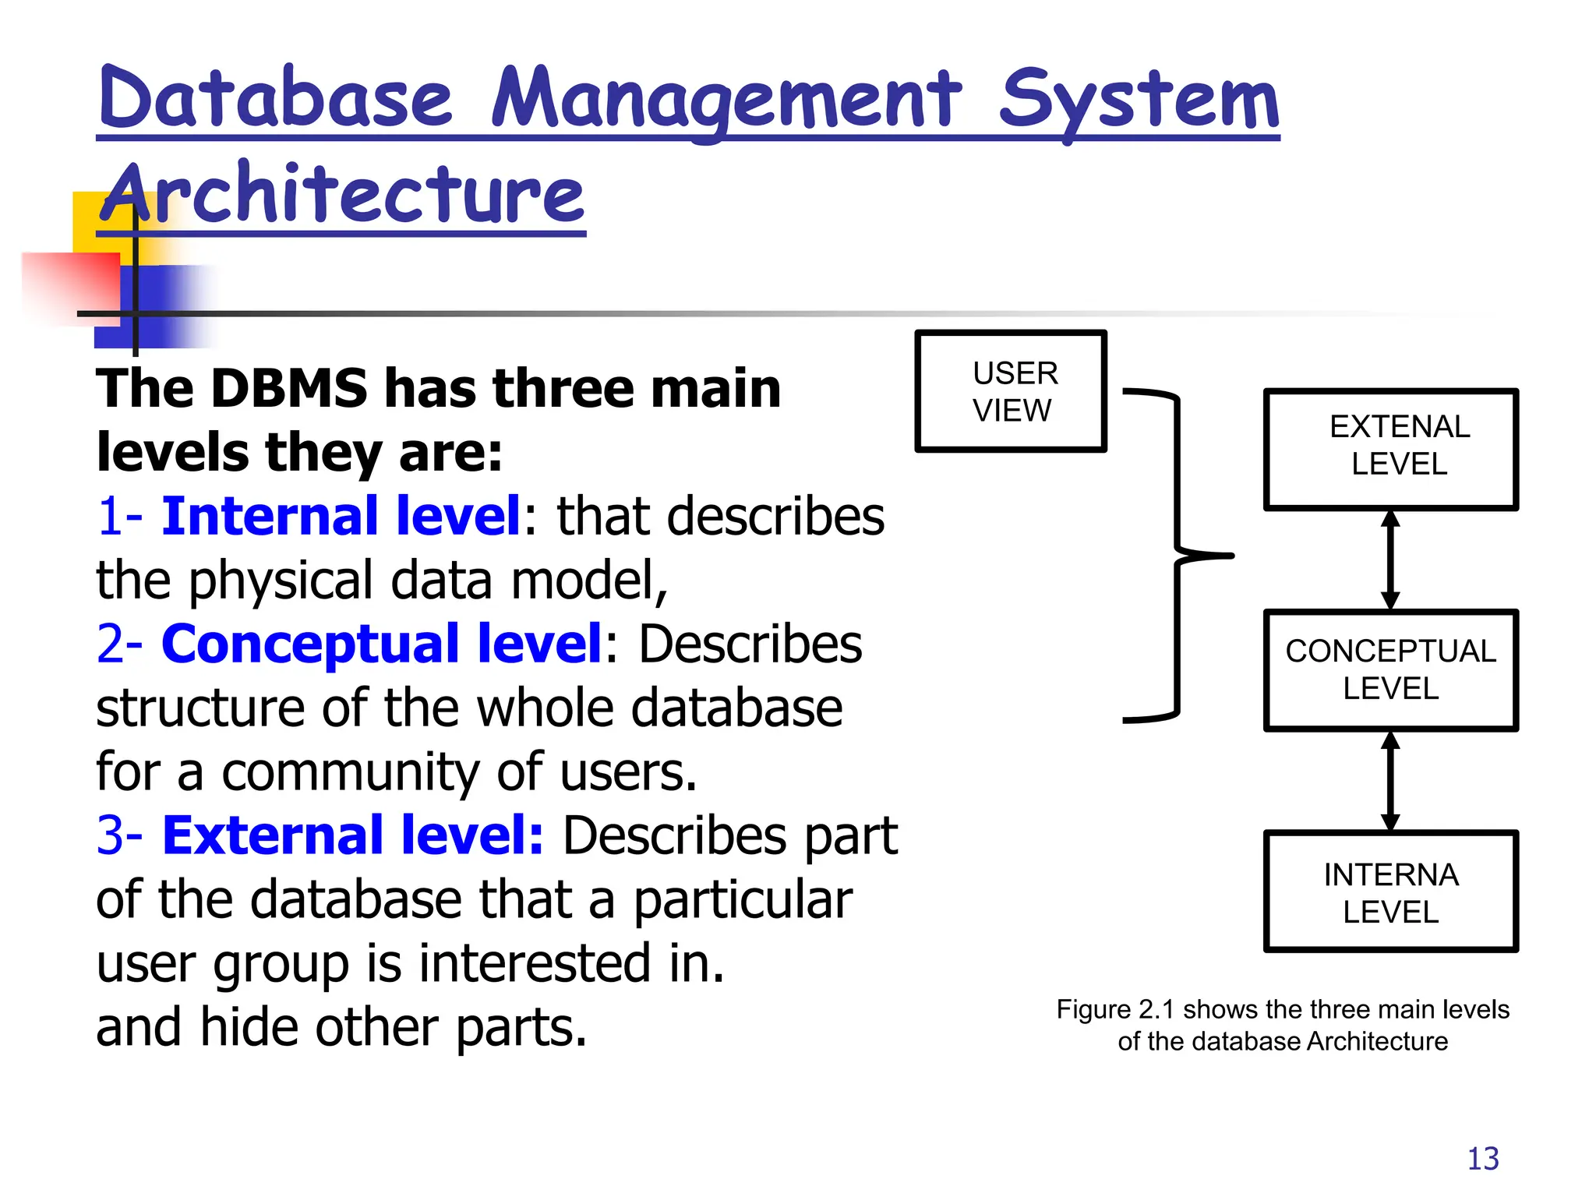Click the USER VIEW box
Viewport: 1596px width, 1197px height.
coord(1011,391)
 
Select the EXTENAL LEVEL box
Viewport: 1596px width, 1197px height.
coord(1390,450)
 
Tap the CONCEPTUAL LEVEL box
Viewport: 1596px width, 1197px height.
coord(1390,670)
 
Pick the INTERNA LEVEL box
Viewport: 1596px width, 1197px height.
coord(1390,892)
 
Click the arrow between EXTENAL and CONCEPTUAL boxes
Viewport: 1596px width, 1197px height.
coord(1390,560)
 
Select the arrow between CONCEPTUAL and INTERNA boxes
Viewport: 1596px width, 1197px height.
coord(1390,781)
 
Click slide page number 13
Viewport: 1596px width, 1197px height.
coord(1482,1159)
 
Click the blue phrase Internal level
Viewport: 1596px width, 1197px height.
coord(341,516)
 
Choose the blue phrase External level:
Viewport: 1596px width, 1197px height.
coord(352,835)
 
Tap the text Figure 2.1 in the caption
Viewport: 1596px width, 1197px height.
coord(1114,1009)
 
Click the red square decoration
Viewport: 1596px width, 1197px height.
coord(70,285)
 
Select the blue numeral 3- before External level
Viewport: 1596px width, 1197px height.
coord(119,835)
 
